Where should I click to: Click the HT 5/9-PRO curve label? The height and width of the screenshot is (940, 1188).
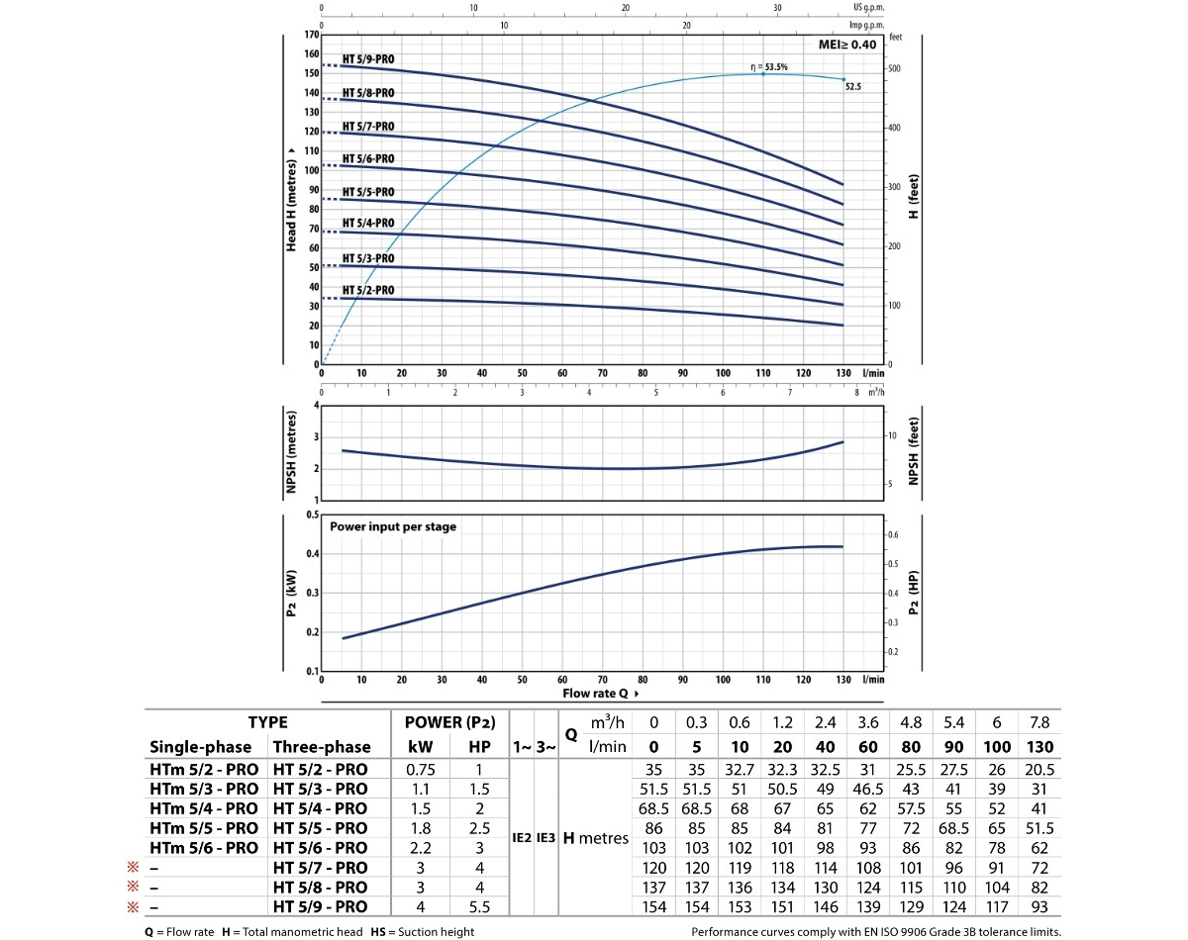pos(368,59)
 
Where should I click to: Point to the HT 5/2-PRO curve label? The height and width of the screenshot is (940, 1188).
pos(368,290)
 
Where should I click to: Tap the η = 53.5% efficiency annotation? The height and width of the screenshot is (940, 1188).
pos(768,67)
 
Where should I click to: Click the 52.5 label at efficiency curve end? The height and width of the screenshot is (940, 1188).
pos(852,87)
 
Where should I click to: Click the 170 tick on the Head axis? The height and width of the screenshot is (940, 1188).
pos(313,36)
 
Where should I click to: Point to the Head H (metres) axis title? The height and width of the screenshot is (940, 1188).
pos(292,199)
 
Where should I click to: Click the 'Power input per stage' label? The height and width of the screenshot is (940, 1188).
pos(393,527)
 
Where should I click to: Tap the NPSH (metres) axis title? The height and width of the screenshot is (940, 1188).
pos(292,452)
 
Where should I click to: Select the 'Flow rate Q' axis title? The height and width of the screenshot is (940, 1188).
pos(596,694)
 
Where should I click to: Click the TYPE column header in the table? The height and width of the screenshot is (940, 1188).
pos(267,723)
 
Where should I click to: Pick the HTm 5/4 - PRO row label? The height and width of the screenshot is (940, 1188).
pos(204,808)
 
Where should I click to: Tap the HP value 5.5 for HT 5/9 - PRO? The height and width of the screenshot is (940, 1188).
pos(479,907)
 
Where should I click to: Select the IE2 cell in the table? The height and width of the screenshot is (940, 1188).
pos(522,838)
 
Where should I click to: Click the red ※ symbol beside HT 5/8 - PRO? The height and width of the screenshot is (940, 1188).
pos(129,888)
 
